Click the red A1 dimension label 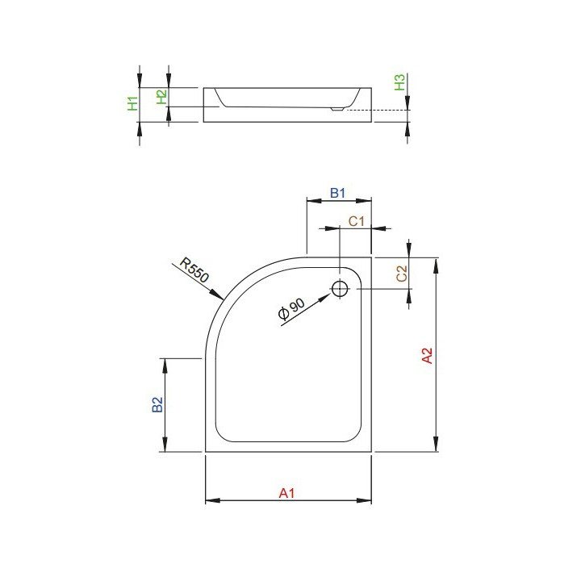287,492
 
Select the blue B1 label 338,193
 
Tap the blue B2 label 158,405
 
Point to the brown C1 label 356,220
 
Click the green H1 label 133,103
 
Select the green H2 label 161,97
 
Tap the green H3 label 399,83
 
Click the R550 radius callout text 194,271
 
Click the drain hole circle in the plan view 340,288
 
